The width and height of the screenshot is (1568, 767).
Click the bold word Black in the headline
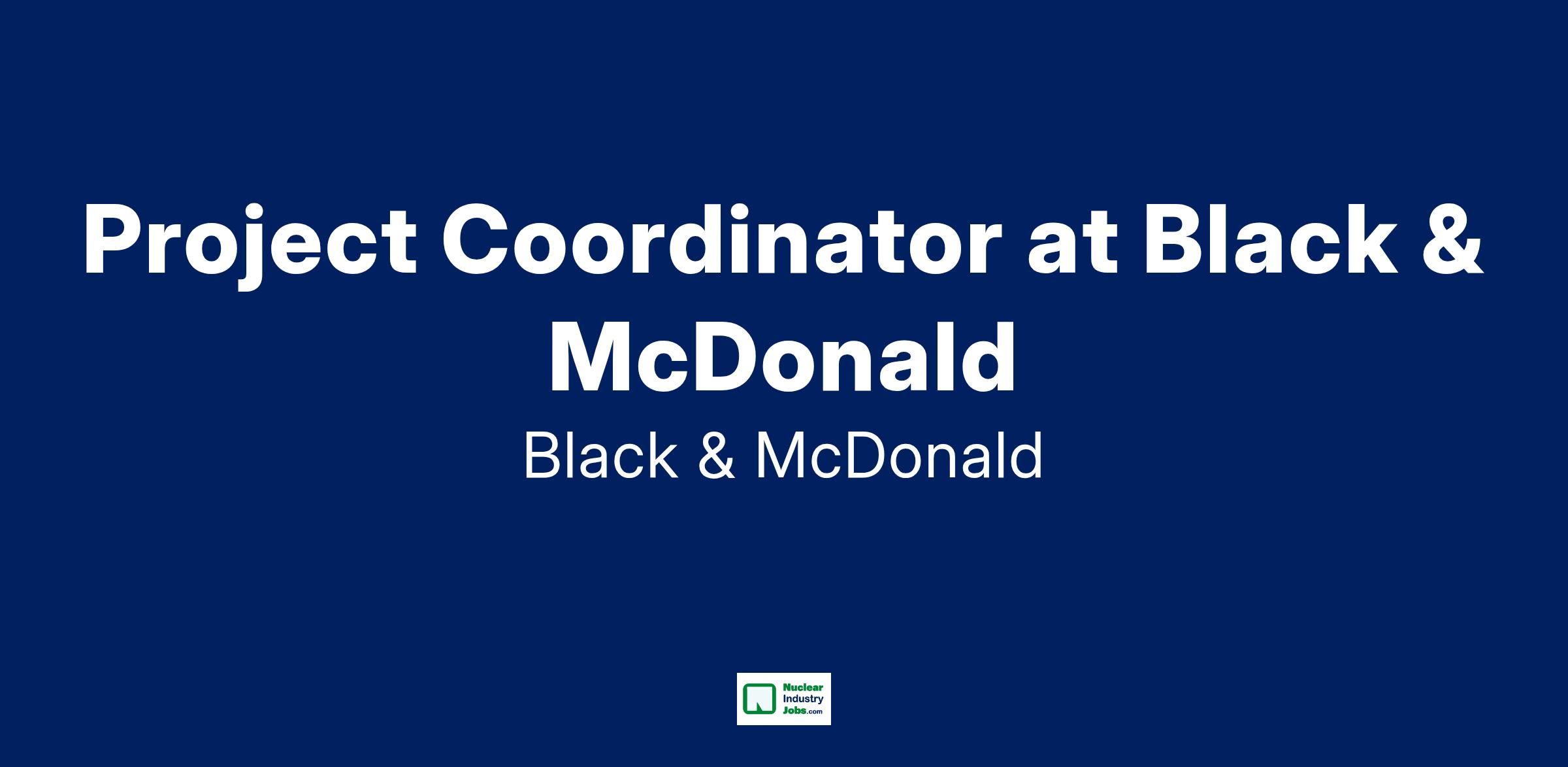(x=1271, y=239)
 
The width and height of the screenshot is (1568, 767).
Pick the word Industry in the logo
(x=803, y=700)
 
